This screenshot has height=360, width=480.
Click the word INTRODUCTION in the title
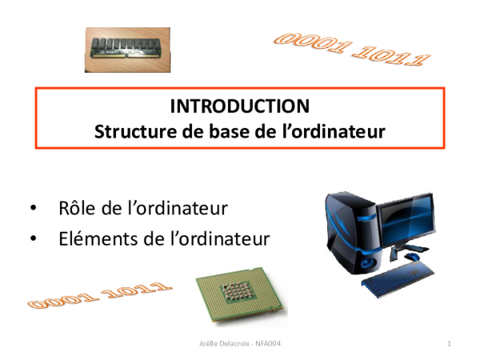(240, 106)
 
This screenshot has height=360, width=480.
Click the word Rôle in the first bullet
(78, 209)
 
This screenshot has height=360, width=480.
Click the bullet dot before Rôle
(33, 210)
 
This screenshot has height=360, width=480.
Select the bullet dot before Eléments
(33, 238)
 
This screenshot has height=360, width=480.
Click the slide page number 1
(450, 343)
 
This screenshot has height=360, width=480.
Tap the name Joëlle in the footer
(209, 343)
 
